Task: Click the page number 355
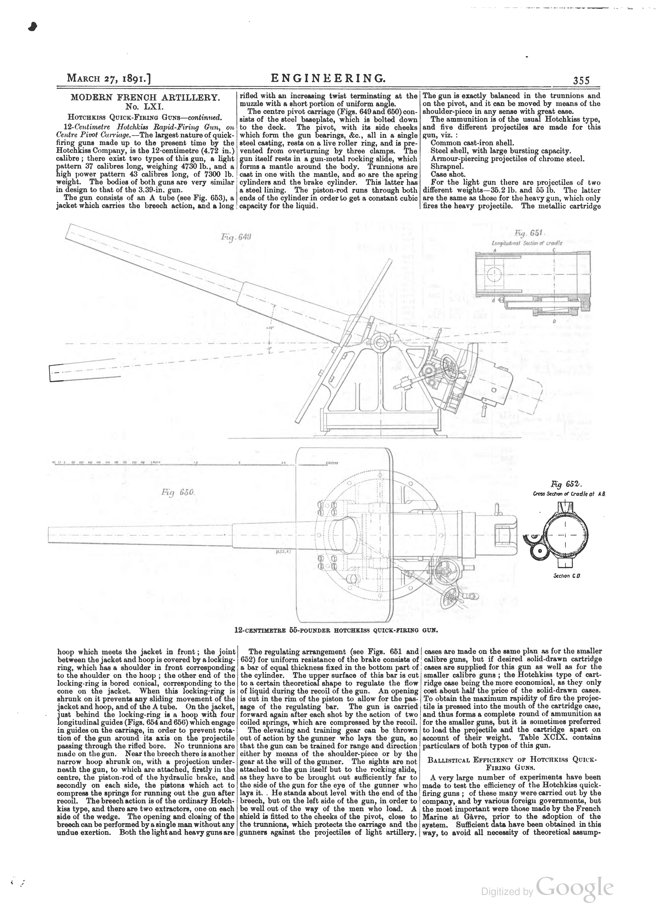[x=581, y=80]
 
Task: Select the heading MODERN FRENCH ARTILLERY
[x=145, y=97]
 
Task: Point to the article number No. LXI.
[x=145, y=107]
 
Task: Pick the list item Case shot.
[x=442, y=174]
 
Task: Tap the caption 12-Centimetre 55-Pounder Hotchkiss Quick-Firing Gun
[x=336, y=630]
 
